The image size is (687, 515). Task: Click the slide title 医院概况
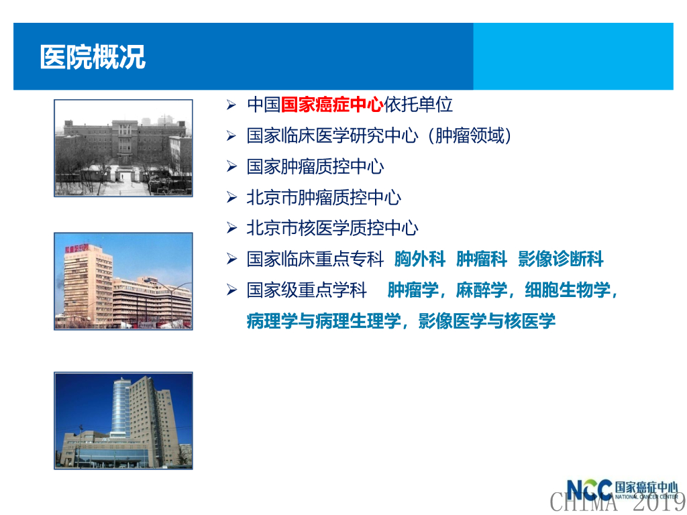pos(93,57)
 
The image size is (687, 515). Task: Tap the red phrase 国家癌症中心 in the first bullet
pos(332,105)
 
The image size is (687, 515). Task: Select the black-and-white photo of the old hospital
pos(123,148)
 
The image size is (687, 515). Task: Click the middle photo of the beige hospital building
pos(123,281)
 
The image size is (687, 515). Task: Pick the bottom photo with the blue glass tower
pos(123,420)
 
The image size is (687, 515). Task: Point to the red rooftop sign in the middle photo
pos(77,249)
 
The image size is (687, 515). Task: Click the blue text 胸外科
pos(420,259)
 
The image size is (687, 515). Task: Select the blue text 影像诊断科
pos(560,259)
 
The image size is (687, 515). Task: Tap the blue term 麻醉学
pos(481,290)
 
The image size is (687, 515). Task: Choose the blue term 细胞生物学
pos(568,290)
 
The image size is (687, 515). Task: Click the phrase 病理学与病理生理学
pos(324,321)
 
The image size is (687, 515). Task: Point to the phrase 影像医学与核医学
pos(487,321)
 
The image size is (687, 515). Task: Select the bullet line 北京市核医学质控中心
pos(332,228)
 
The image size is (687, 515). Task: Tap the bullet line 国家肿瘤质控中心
pos(315,167)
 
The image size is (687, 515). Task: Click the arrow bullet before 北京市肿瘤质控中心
pos(231,198)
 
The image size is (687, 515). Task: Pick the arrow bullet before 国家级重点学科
pos(231,290)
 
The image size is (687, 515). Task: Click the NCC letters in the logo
pos(589,490)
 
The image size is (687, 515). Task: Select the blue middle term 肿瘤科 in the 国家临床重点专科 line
pos(482,259)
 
